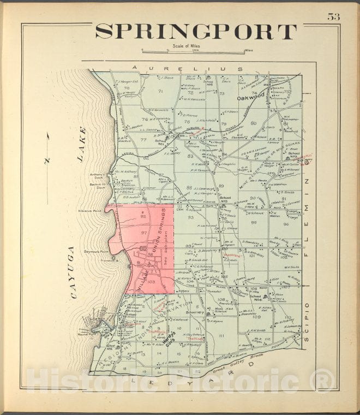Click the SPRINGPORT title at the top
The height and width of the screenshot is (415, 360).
tap(195, 32)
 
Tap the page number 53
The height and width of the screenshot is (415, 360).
tap(333, 16)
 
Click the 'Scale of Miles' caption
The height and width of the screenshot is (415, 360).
tap(186, 46)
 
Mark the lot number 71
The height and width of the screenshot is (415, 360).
tap(160, 91)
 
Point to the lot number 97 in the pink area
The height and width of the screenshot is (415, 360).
tap(143, 233)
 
